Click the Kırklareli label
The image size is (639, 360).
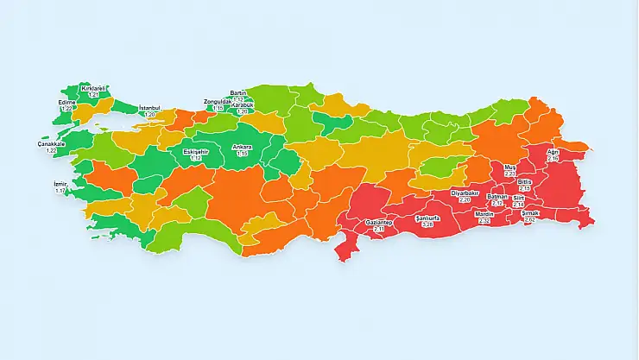95,88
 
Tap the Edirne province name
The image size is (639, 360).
66,102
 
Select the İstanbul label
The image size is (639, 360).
150,108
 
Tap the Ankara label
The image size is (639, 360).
242,147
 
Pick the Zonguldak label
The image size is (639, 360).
218,102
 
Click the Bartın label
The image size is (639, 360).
239,92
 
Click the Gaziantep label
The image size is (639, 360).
380,222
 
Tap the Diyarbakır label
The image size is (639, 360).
465,193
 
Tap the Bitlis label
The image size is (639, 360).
525,182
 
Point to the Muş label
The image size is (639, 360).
509,167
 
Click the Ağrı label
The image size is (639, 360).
554,153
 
